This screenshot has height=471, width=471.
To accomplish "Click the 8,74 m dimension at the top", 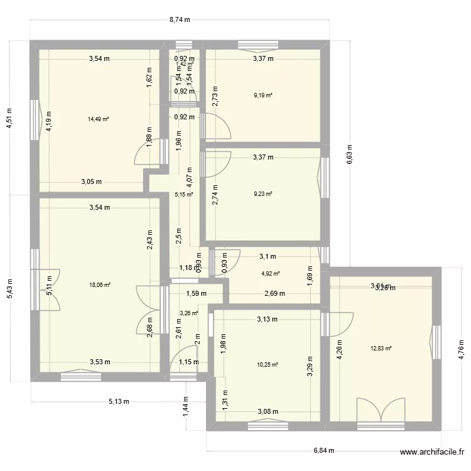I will [179, 19].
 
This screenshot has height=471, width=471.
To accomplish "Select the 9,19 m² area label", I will [263, 95].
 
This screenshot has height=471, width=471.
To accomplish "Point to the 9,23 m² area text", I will [263, 194].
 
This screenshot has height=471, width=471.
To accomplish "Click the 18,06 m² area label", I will [100, 284].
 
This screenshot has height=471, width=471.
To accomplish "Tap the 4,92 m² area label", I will [270, 273].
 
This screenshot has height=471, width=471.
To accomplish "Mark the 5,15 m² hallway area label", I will [183, 194].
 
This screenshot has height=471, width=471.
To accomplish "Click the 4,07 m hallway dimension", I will [190, 168].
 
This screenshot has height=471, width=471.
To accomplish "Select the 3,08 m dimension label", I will [268, 412].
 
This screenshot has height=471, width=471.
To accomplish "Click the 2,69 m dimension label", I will [274, 293].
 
